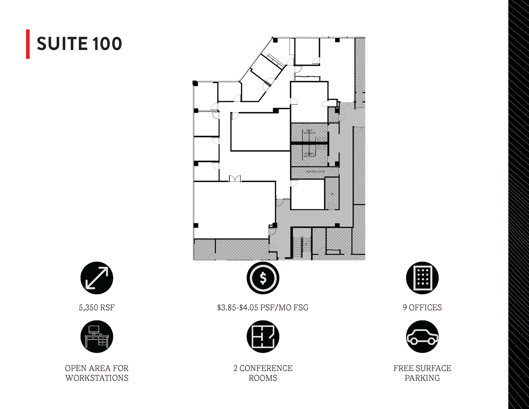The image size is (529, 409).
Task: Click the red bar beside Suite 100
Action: point(28,44)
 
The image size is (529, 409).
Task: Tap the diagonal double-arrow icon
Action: point(97,278)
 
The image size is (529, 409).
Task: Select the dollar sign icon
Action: point(263,278)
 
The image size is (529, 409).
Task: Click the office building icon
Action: point(422,278)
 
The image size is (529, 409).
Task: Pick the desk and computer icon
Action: point(97,337)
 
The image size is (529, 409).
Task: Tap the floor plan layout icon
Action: point(263,337)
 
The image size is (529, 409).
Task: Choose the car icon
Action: point(422,337)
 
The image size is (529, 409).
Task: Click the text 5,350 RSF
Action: point(97,307)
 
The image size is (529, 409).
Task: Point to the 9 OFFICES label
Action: point(422,307)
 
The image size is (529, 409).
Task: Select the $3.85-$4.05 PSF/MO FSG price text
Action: point(263,307)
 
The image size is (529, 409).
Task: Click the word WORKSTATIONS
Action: point(97,378)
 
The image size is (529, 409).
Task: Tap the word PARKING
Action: point(422,378)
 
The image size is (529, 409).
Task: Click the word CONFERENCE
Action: point(266,368)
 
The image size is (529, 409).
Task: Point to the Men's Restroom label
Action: point(309,132)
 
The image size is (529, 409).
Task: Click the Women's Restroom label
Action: point(309,155)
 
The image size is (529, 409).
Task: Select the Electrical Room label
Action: point(315,172)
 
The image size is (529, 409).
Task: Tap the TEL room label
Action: point(332,194)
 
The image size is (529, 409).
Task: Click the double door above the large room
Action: point(235,179)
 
